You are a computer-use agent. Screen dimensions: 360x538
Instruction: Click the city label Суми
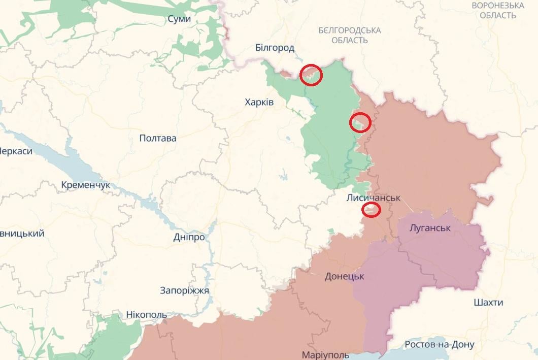(x=179, y=19)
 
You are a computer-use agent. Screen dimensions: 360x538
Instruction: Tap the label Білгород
(x=275, y=48)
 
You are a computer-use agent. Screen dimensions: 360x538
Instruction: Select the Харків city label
(x=259, y=103)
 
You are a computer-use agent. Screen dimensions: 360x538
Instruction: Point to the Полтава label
(x=157, y=138)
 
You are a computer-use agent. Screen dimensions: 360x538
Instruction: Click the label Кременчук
(x=85, y=185)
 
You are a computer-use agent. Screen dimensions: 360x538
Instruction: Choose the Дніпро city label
(x=189, y=237)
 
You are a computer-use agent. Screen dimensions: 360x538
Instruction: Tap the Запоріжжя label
(x=184, y=290)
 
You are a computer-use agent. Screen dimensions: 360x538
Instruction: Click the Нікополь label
(x=146, y=315)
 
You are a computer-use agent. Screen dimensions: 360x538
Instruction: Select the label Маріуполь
(x=325, y=354)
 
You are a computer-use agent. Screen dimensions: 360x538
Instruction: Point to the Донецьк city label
(x=345, y=276)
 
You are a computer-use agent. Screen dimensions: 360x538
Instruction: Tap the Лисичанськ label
(x=374, y=197)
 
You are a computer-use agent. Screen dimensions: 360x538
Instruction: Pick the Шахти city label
(x=488, y=303)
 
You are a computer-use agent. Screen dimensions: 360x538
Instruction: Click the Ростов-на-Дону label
(x=440, y=345)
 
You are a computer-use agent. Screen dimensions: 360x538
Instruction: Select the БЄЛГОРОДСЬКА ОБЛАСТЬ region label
(x=350, y=35)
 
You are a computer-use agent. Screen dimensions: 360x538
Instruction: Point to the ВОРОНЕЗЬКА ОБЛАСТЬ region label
(x=498, y=10)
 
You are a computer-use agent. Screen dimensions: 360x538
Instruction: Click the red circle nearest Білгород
(x=311, y=75)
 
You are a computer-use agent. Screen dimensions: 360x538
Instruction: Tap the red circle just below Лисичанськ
(x=372, y=209)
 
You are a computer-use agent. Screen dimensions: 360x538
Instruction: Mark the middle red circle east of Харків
(x=360, y=122)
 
